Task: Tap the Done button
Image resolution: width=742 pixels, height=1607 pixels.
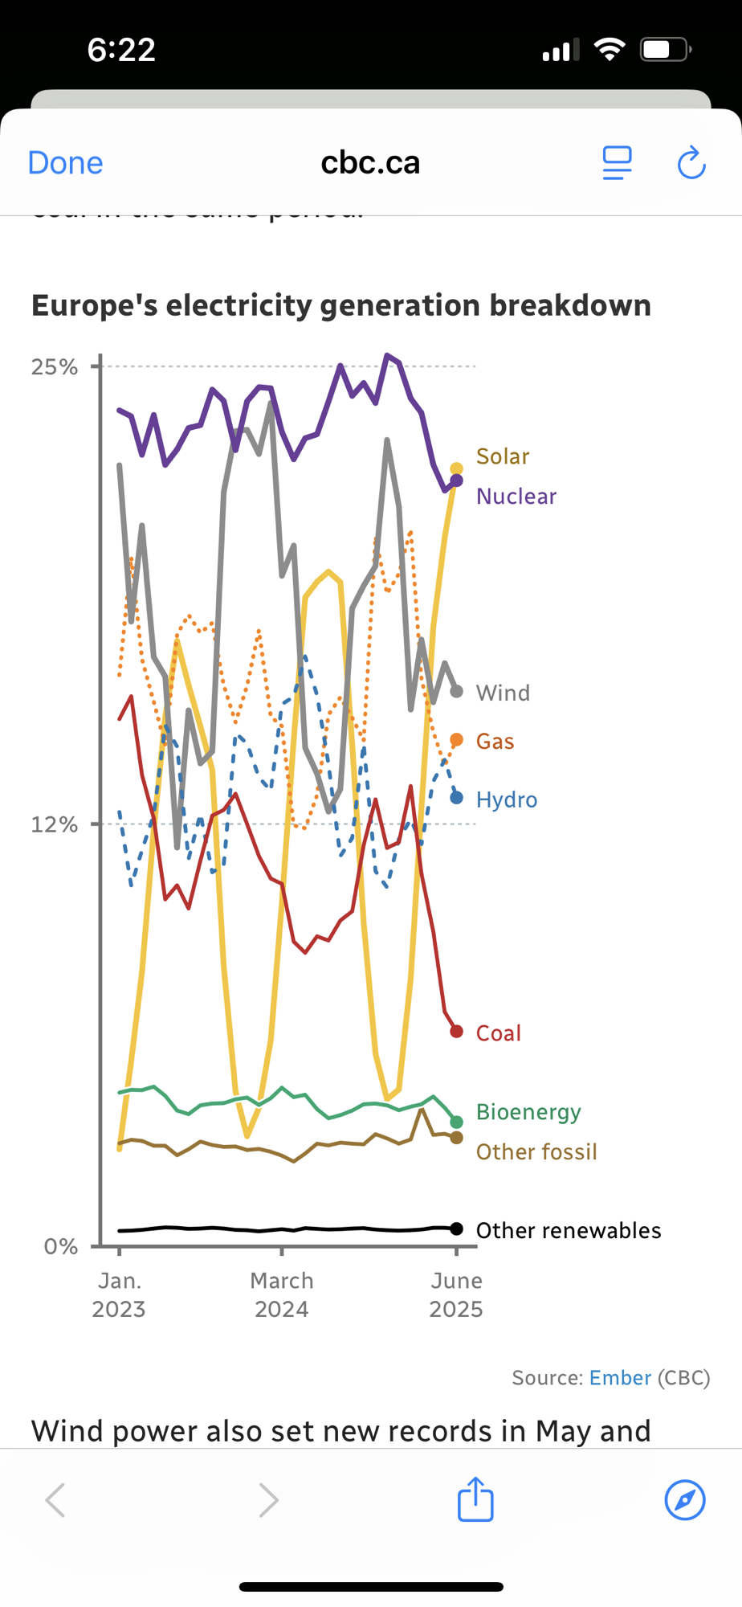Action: (65, 163)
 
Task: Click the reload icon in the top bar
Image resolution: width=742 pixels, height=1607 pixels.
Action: (691, 163)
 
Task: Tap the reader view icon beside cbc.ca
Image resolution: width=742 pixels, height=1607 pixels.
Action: (617, 163)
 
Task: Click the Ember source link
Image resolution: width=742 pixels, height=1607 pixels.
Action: (620, 1378)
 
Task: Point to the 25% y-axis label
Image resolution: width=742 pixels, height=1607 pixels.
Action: (55, 367)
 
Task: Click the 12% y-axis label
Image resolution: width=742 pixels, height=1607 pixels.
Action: (55, 824)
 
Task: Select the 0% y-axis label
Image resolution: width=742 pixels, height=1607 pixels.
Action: (60, 1246)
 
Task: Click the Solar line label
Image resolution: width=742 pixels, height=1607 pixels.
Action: (503, 456)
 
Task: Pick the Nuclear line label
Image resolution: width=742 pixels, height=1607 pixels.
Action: (516, 497)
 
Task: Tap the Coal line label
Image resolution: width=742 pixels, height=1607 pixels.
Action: (499, 1033)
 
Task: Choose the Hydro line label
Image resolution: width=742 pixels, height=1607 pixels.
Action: (507, 799)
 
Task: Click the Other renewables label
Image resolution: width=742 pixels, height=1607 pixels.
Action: (569, 1230)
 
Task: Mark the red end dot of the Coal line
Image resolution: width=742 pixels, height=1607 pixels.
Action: (457, 1032)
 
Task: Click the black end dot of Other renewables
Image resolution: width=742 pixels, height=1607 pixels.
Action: (457, 1229)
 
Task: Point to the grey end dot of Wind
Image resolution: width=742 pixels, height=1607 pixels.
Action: (457, 691)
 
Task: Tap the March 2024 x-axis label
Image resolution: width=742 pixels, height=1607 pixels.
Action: (282, 1294)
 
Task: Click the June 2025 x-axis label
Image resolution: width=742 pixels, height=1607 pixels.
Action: (456, 1294)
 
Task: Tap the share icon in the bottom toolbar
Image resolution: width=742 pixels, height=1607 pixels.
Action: (475, 1499)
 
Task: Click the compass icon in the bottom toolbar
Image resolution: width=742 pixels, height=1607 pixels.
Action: (685, 1499)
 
